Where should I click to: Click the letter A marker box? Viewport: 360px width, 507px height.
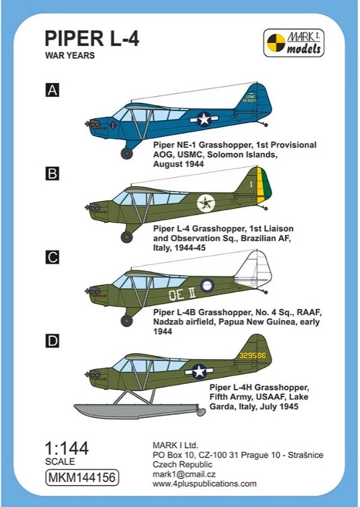click(x=52, y=90)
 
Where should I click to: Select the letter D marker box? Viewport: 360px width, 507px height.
click(x=52, y=341)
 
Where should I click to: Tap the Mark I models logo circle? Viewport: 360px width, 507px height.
click(x=276, y=43)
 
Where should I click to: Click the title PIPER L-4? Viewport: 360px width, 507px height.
click(x=92, y=38)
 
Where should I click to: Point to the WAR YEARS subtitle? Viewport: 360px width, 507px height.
click(x=70, y=55)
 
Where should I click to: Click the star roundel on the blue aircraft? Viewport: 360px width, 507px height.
click(x=204, y=119)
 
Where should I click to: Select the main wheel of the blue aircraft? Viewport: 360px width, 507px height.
click(x=127, y=153)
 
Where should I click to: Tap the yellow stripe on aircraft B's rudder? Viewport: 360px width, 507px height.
click(x=260, y=185)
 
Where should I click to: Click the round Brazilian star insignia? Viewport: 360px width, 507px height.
click(x=206, y=203)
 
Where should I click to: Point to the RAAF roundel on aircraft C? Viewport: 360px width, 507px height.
click(x=207, y=285)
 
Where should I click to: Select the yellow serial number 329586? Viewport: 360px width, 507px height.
click(x=252, y=355)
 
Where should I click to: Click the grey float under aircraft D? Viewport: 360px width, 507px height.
click(x=139, y=411)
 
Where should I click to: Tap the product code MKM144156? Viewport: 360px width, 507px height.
click(x=82, y=478)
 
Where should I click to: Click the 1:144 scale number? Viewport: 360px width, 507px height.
click(x=67, y=449)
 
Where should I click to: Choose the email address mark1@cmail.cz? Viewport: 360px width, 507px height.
click(x=184, y=474)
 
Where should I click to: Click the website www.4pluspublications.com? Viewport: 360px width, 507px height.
click(x=205, y=484)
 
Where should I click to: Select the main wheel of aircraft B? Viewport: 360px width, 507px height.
click(x=127, y=237)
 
